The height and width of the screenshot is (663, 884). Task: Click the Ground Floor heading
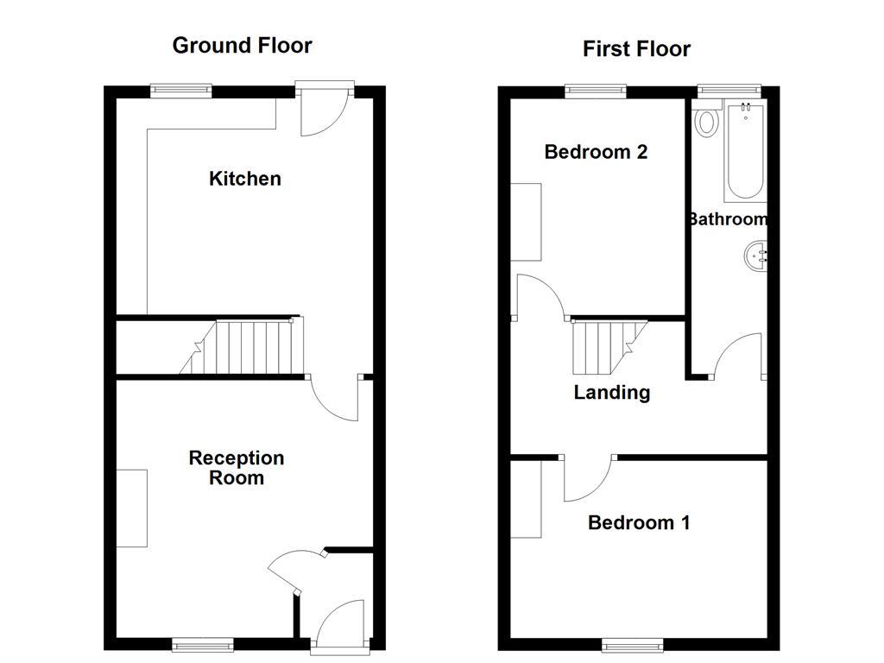(x=242, y=46)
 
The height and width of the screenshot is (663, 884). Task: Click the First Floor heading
(x=636, y=49)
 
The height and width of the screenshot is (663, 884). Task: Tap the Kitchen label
(x=245, y=179)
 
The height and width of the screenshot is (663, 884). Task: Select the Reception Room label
(x=237, y=468)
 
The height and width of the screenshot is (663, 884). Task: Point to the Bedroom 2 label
(x=596, y=152)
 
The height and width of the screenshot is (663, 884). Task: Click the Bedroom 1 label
(x=638, y=522)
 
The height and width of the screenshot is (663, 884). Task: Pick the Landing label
(x=611, y=393)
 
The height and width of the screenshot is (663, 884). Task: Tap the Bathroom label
(x=728, y=219)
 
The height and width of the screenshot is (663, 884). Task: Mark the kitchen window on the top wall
(x=181, y=88)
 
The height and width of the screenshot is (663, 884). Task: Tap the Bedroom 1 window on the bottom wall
(x=633, y=644)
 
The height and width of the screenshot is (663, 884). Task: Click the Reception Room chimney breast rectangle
(x=132, y=508)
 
